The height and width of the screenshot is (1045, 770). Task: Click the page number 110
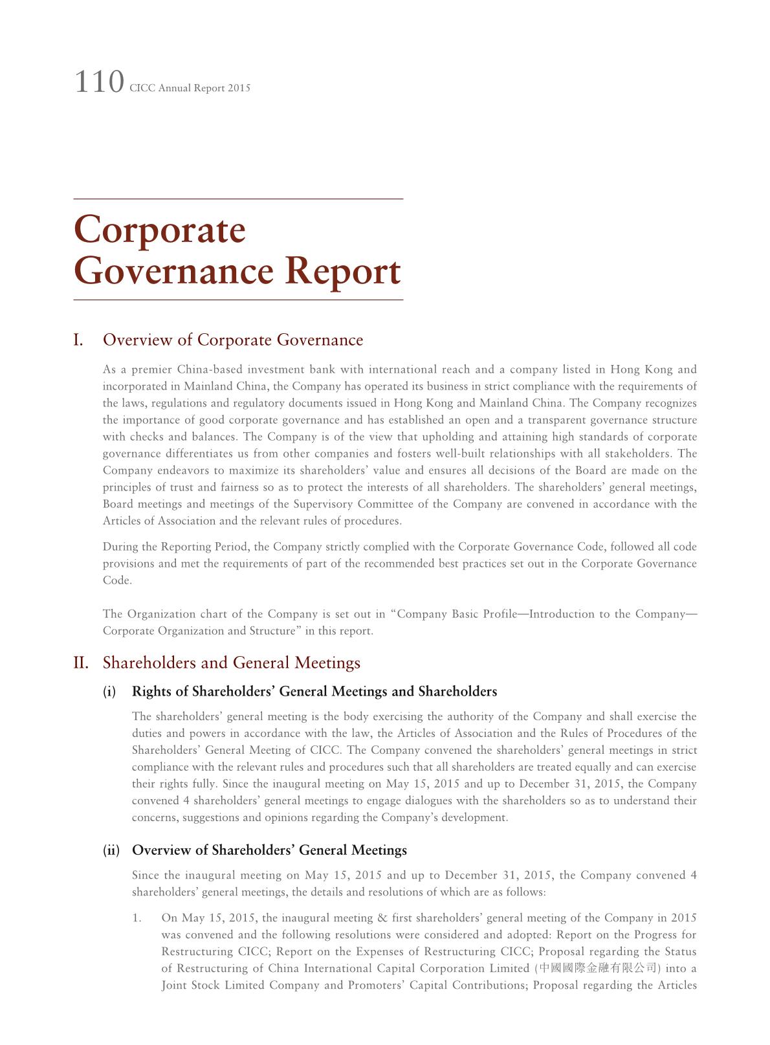(99, 83)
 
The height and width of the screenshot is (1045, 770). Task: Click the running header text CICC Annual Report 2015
(190, 88)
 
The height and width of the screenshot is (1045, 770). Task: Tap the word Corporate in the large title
(160, 230)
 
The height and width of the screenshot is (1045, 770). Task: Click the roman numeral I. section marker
(78, 340)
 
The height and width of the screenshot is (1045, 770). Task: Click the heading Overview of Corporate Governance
(233, 340)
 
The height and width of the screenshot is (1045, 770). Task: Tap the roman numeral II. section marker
(81, 663)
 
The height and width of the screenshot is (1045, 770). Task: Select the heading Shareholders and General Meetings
(232, 663)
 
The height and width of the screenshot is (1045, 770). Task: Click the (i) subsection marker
(109, 692)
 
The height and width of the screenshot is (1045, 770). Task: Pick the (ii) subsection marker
(111, 850)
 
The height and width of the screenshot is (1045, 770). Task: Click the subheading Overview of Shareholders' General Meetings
(269, 850)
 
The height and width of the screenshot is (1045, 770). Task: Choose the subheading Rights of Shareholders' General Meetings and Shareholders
(314, 692)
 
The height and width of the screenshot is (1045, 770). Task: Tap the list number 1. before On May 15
(137, 918)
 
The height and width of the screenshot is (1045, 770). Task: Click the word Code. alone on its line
(117, 580)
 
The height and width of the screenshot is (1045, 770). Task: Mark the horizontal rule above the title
(238, 199)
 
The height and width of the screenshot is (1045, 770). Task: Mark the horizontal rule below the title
(238, 300)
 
